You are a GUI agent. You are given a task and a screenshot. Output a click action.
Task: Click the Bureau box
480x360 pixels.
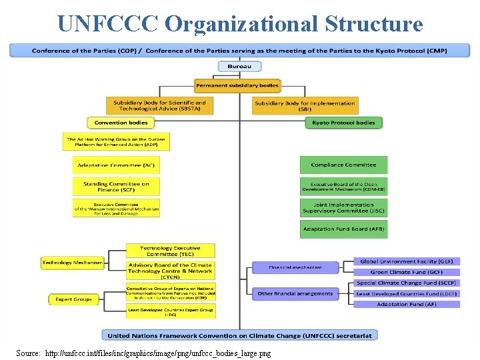point(239,67)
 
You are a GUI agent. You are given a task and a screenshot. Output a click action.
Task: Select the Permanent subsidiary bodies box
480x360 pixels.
point(237,85)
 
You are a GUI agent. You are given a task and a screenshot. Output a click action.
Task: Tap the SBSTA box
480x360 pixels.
point(159,106)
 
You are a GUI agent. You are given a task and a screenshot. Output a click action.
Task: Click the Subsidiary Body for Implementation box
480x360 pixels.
point(305,106)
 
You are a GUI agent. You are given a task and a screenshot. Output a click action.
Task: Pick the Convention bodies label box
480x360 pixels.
point(121,123)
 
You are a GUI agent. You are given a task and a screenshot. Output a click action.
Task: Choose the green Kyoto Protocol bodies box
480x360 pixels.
point(344,123)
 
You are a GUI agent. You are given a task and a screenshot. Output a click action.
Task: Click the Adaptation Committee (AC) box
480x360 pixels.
point(116,165)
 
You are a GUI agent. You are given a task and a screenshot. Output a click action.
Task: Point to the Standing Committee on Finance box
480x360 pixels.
point(116,187)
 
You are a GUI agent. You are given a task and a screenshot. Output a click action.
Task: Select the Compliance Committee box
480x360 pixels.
point(343,165)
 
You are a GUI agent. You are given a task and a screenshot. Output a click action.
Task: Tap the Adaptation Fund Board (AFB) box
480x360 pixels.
point(343,229)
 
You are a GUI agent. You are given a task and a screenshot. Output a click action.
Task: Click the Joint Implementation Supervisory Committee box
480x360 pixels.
point(343,208)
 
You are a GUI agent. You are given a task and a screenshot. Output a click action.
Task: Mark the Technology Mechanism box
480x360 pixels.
point(73,263)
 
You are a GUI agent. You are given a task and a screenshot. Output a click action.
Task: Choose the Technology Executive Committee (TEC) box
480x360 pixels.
point(170,251)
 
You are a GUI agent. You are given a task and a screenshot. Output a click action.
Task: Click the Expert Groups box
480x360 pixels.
point(73,299)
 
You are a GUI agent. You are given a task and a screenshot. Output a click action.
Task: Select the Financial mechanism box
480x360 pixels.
point(295,267)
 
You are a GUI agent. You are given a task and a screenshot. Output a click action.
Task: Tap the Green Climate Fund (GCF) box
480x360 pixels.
point(406,272)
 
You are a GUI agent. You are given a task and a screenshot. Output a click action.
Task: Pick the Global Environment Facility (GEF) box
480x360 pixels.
point(406,261)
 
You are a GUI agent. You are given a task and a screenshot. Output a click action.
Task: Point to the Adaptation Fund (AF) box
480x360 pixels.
point(406,304)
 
